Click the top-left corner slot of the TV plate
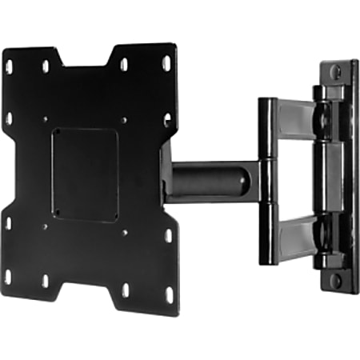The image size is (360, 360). click(10, 66)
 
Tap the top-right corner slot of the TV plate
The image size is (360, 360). click(166, 62)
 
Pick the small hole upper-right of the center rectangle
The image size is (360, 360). click(124, 120)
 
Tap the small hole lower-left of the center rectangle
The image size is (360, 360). click(45, 226)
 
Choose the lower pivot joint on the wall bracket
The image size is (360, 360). click(323, 240)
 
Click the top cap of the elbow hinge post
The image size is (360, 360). click(266, 102)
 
